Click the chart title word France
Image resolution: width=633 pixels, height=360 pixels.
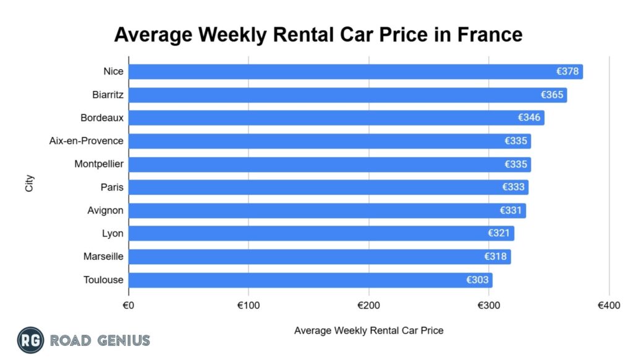pos(490,34)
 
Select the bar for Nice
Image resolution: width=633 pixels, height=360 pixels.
pos(355,72)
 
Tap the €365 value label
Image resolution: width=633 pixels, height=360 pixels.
pos(552,95)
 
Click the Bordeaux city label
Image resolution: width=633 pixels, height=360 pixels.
pos(102,118)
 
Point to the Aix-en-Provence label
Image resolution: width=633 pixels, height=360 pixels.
pos(87,141)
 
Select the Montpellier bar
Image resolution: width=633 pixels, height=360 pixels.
pos(329,165)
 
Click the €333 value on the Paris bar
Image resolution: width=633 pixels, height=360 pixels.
pos(514,187)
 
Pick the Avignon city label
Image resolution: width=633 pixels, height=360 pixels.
pos(106,210)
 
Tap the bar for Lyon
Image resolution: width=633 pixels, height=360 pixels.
pos(321,234)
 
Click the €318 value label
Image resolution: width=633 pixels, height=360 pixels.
pos(496,257)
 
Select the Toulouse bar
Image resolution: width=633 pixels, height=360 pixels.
pos(310,280)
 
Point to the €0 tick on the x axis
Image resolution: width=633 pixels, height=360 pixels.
pos(129,306)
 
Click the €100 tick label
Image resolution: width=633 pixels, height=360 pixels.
pos(249,306)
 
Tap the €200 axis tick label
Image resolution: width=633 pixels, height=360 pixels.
pos(368,306)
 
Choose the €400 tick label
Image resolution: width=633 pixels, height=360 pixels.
pos(609,306)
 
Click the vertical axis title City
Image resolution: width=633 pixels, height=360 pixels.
pos(30,183)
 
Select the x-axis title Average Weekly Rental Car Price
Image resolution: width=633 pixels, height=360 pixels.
pos(368,330)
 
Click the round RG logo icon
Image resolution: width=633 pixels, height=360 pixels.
pos(30,340)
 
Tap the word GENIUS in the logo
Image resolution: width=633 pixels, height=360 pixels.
pos(122,340)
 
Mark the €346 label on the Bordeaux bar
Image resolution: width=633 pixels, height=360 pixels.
pos(530,118)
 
